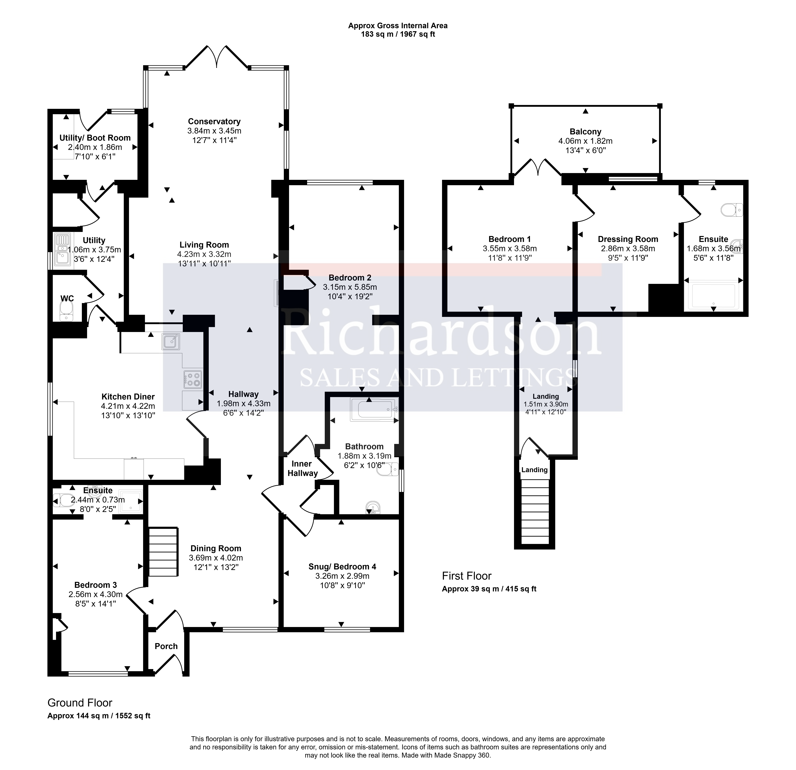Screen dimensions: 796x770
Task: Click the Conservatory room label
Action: pyautogui.click(x=214, y=121)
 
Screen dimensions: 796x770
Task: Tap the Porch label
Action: pyautogui.click(x=166, y=646)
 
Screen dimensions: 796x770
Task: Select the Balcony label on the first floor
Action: pyautogui.click(x=585, y=132)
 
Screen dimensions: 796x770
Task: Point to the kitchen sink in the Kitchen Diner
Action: pyautogui.click(x=171, y=342)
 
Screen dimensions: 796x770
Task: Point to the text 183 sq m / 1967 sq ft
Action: pyautogui.click(x=398, y=35)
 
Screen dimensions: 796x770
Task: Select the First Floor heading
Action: pyautogui.click(x=467, y=576)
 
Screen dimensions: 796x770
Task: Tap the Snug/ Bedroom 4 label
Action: pyautogui.click(x=342, y=567)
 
